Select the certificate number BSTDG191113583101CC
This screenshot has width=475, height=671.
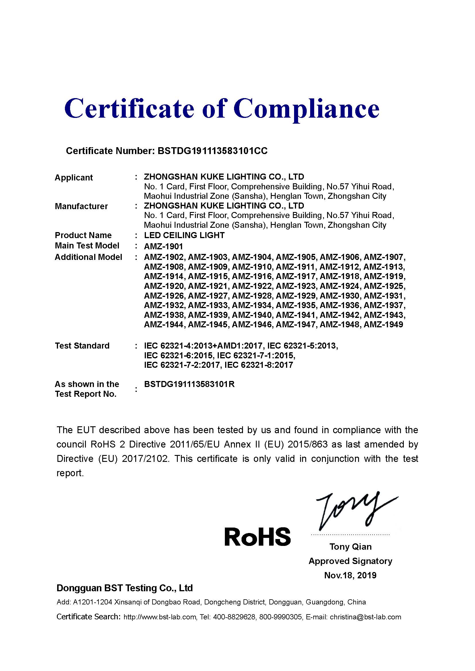tap(212, 151)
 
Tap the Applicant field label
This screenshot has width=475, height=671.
tap(74, 177)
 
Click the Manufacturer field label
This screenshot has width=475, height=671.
tap(81, 206)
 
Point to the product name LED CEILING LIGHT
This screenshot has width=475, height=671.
tap(184, 235)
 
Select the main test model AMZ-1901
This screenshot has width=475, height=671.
tap(163, 246)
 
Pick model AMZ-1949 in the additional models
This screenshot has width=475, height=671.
tap(383, 324)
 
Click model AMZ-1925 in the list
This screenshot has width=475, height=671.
tap(384, 286)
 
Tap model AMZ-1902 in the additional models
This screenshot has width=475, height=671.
tap(164, 257)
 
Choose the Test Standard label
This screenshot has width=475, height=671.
tap(82, 346)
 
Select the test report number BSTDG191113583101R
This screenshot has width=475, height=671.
tap(189, 384)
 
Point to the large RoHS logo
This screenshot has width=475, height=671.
tap(257, 536)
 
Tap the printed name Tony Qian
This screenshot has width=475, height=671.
tap(350, 547)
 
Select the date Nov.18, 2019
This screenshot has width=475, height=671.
tap(350, 575)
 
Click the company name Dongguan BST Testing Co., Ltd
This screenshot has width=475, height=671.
tap(125, 588)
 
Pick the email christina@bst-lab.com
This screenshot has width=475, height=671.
tap(365, 617)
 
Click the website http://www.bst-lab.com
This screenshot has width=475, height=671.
tap(160, 617)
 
